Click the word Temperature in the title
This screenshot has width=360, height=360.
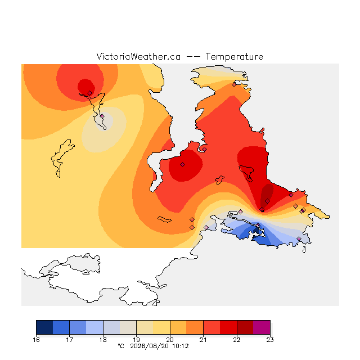[x=234, y=57]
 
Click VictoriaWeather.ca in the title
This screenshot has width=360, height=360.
[x=138, y=57]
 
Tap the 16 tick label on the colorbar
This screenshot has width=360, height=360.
[x=36, y=340]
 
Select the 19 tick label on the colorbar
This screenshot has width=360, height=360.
[x=136, y=340]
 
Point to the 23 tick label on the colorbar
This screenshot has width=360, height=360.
[x=270, y=340]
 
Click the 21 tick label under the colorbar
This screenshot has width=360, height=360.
[x=203, y=340]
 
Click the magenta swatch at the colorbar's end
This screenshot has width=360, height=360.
[x=262, y=327]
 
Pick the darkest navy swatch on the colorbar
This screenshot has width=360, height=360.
[x=44, y=327]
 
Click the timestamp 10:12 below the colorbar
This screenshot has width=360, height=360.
[x=180, y=346]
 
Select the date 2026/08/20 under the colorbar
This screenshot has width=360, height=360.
[x=150, y=346]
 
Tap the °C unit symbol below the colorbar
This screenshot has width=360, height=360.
[x=121, y=346]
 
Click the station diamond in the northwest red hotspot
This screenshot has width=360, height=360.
[x=90, y=93]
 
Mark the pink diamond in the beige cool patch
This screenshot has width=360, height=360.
[x=102, y=116]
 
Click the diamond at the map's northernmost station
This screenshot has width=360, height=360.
[x=234, y=85]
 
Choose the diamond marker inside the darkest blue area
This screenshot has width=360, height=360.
[x=258, y=225]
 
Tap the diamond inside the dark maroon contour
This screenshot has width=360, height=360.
[x=267, y=201]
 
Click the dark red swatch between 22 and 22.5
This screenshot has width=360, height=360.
[x=245, y=327]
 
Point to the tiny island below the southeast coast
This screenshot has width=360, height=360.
[x=304, y=250]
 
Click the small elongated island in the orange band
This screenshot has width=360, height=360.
[x=164, y=219]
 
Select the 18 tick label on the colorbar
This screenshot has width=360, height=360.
[x=103, y=340]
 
